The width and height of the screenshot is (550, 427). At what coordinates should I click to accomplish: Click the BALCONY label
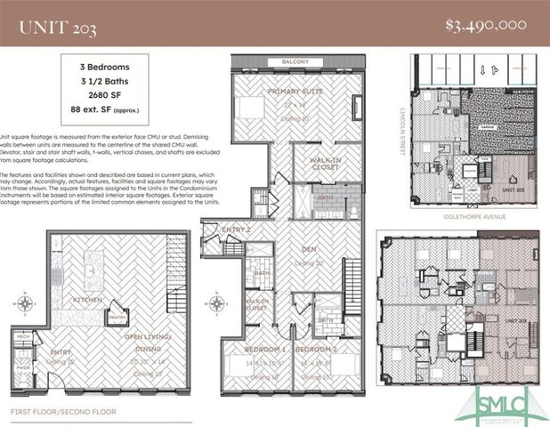[295, 61]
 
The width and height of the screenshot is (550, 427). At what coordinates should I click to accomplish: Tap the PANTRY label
[114, 317]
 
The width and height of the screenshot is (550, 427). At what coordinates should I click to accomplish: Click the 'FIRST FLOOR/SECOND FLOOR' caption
[63, 412]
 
